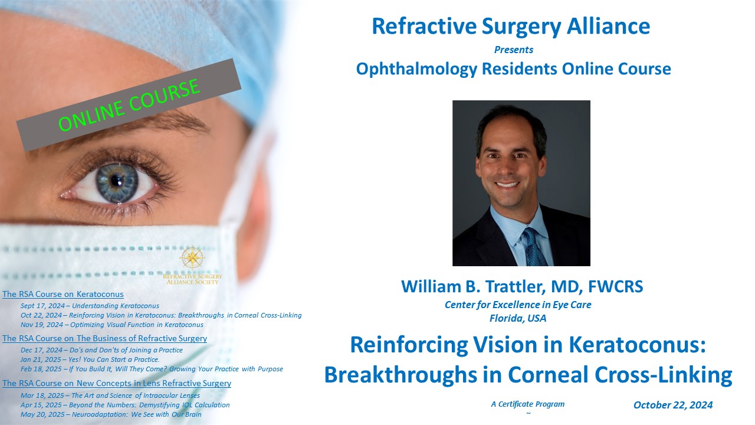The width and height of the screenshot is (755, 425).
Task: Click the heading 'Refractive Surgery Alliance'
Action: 511,27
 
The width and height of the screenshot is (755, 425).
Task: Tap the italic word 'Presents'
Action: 514,50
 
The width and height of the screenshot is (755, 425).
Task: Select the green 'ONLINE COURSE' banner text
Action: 129,105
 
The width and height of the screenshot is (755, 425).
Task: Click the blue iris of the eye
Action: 117,183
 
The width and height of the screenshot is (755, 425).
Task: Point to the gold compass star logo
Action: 192,257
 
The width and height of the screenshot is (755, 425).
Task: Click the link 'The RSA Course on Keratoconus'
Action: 63,294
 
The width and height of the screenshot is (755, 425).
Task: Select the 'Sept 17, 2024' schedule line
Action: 90,306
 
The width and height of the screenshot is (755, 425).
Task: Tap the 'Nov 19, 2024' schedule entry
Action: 112,325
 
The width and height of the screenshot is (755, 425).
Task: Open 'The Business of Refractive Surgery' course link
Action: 104,338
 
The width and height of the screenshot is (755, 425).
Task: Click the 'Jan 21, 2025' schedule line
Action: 90,359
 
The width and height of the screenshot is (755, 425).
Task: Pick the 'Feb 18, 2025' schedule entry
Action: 152,369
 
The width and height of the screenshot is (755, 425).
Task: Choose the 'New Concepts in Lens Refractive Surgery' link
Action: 117,383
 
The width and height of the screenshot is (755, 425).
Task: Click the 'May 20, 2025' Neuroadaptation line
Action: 111,414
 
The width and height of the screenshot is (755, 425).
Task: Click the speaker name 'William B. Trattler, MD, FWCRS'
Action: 522,286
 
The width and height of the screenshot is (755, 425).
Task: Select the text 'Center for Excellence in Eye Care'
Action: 518,305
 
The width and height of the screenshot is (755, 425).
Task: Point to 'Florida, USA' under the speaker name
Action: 518,318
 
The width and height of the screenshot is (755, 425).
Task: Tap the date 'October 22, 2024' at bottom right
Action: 673,405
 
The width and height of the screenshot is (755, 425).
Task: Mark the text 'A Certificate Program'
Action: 528,404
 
